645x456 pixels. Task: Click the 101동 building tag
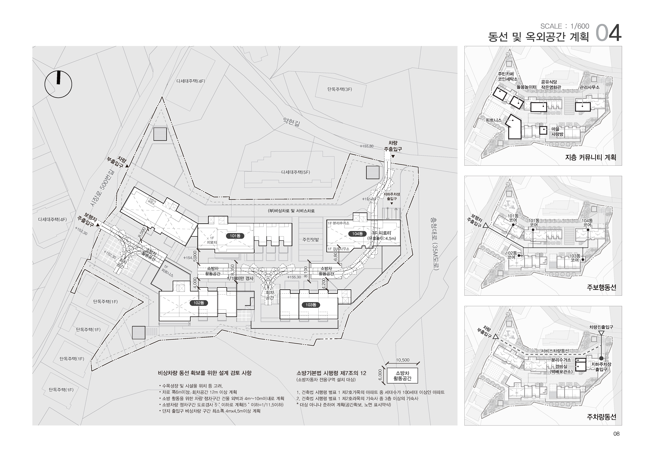[x=235, y=236]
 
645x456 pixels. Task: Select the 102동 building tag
[x=199, y=303]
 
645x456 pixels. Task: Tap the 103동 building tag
[x=311, y=305]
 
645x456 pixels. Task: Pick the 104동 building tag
[x=357, y=234]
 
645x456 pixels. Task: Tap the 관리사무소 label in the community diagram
[x=589, y=87]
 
